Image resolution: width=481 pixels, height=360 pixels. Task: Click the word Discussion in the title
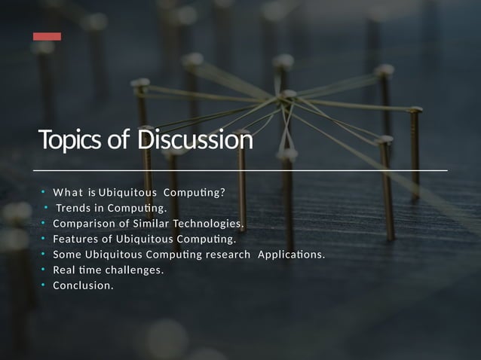(x=195, y=141)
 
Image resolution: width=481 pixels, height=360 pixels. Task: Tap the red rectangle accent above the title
(x=47, y=36)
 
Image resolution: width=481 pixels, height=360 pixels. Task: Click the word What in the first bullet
(x=67, y=192)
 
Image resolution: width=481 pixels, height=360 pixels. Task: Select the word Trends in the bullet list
(x=73, y=208)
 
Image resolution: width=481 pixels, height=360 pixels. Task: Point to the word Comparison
(x=82, y=224)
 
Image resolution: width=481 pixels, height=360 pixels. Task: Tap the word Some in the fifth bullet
(x=67, y=255)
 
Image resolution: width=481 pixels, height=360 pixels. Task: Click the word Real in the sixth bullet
(x=64, y=270)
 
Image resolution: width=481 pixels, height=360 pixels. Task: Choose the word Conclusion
(x=83, y=285)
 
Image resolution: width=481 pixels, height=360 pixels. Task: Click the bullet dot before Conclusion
(x=44, y=285)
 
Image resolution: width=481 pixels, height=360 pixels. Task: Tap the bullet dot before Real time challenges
(x=44, y=270)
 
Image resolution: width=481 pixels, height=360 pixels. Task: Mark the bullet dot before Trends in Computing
(x=47, y=208)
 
